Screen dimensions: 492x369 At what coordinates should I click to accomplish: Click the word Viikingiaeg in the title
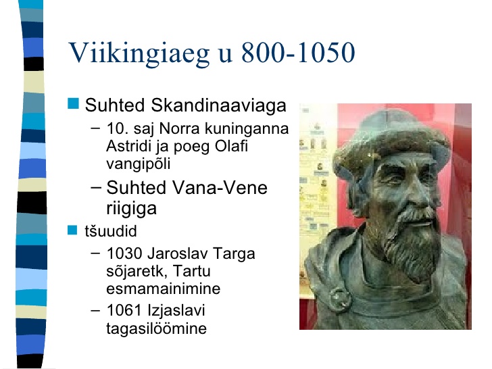tap(139, 53)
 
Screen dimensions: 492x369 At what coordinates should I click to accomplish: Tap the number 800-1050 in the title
tap(298, 52)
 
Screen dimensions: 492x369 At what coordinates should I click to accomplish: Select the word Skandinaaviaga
tap(218, 105)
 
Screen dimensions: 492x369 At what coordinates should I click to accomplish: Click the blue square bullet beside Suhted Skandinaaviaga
tap(73, 103)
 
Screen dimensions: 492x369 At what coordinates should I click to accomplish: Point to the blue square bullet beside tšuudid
tap(72, 230)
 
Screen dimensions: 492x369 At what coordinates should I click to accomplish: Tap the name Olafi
tap(232, 146)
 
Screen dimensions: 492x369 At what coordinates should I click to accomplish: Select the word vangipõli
tap(139, 164)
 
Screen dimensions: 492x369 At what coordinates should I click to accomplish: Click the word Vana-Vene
tap(220, 188)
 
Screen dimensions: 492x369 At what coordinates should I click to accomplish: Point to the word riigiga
tap(131, 208)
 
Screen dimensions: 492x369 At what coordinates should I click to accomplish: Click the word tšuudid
tap(111, 231)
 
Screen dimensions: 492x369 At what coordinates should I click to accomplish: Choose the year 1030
tap(124, 253)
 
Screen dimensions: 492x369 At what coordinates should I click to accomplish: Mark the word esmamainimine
tap(163, 289)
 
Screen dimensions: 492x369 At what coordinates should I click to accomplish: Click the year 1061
tap(124, 310)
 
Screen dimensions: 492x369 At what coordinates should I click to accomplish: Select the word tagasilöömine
tap(156, 329)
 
